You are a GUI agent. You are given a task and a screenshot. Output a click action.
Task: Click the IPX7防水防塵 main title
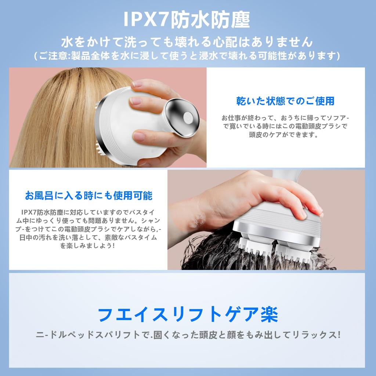(x=187, y=20)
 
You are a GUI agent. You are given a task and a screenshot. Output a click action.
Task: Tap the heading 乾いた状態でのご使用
(x=285, y=101)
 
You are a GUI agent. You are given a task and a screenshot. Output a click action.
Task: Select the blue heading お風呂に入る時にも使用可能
(x=89, y=196)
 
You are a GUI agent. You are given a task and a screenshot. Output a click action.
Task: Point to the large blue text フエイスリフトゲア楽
(x=188, y=314)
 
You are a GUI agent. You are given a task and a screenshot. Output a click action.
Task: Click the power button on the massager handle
(x=188, y=118)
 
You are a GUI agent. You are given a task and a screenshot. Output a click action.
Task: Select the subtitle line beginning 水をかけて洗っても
(x=187, y=42)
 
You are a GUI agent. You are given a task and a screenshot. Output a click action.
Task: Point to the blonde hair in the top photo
(x=60, y=120)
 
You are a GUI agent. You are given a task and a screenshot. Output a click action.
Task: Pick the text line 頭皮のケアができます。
(x=283, y=134)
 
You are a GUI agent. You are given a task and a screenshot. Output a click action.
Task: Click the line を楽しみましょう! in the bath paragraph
(x=87, y=246)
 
